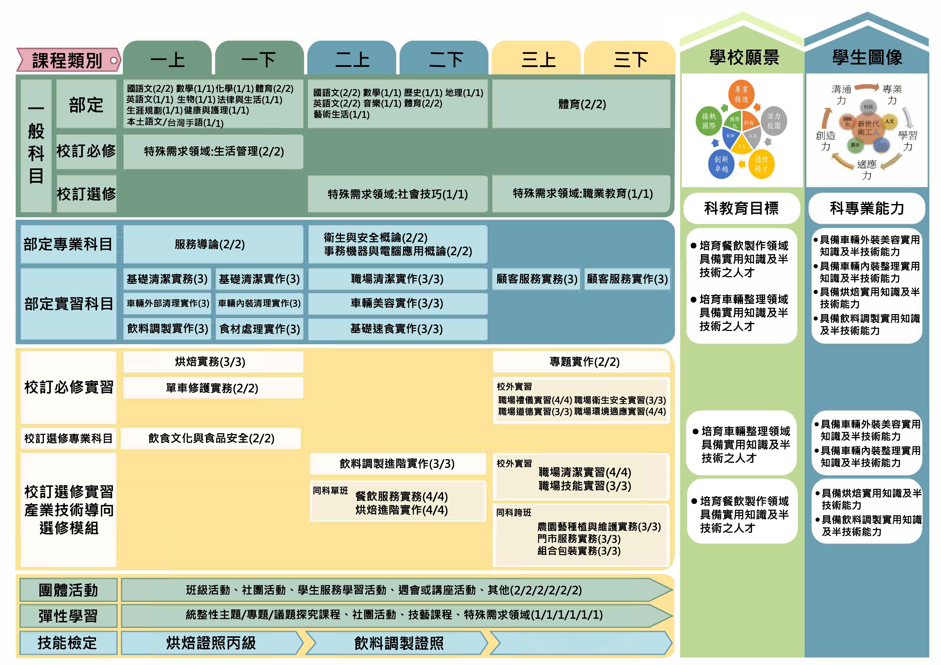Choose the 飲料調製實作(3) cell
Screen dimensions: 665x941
[167, 329]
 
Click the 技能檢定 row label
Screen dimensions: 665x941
[68, 643]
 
